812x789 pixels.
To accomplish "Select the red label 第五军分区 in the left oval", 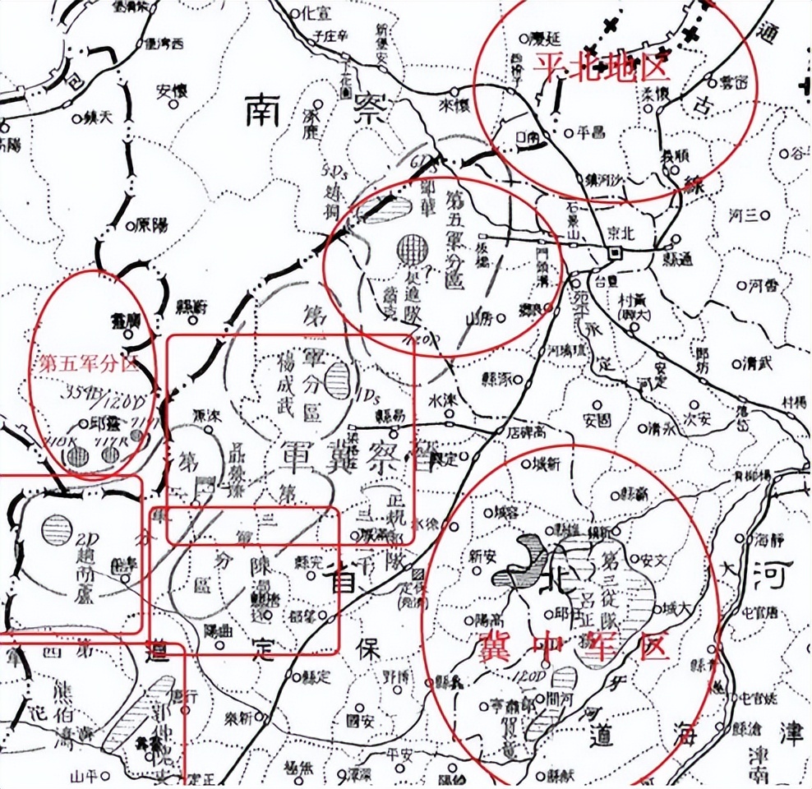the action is click(85, 363).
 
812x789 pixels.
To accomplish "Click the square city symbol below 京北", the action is click(613, 255).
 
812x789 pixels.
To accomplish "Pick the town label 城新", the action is click(546, 465).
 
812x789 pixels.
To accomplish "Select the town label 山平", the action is click(83, 773).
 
